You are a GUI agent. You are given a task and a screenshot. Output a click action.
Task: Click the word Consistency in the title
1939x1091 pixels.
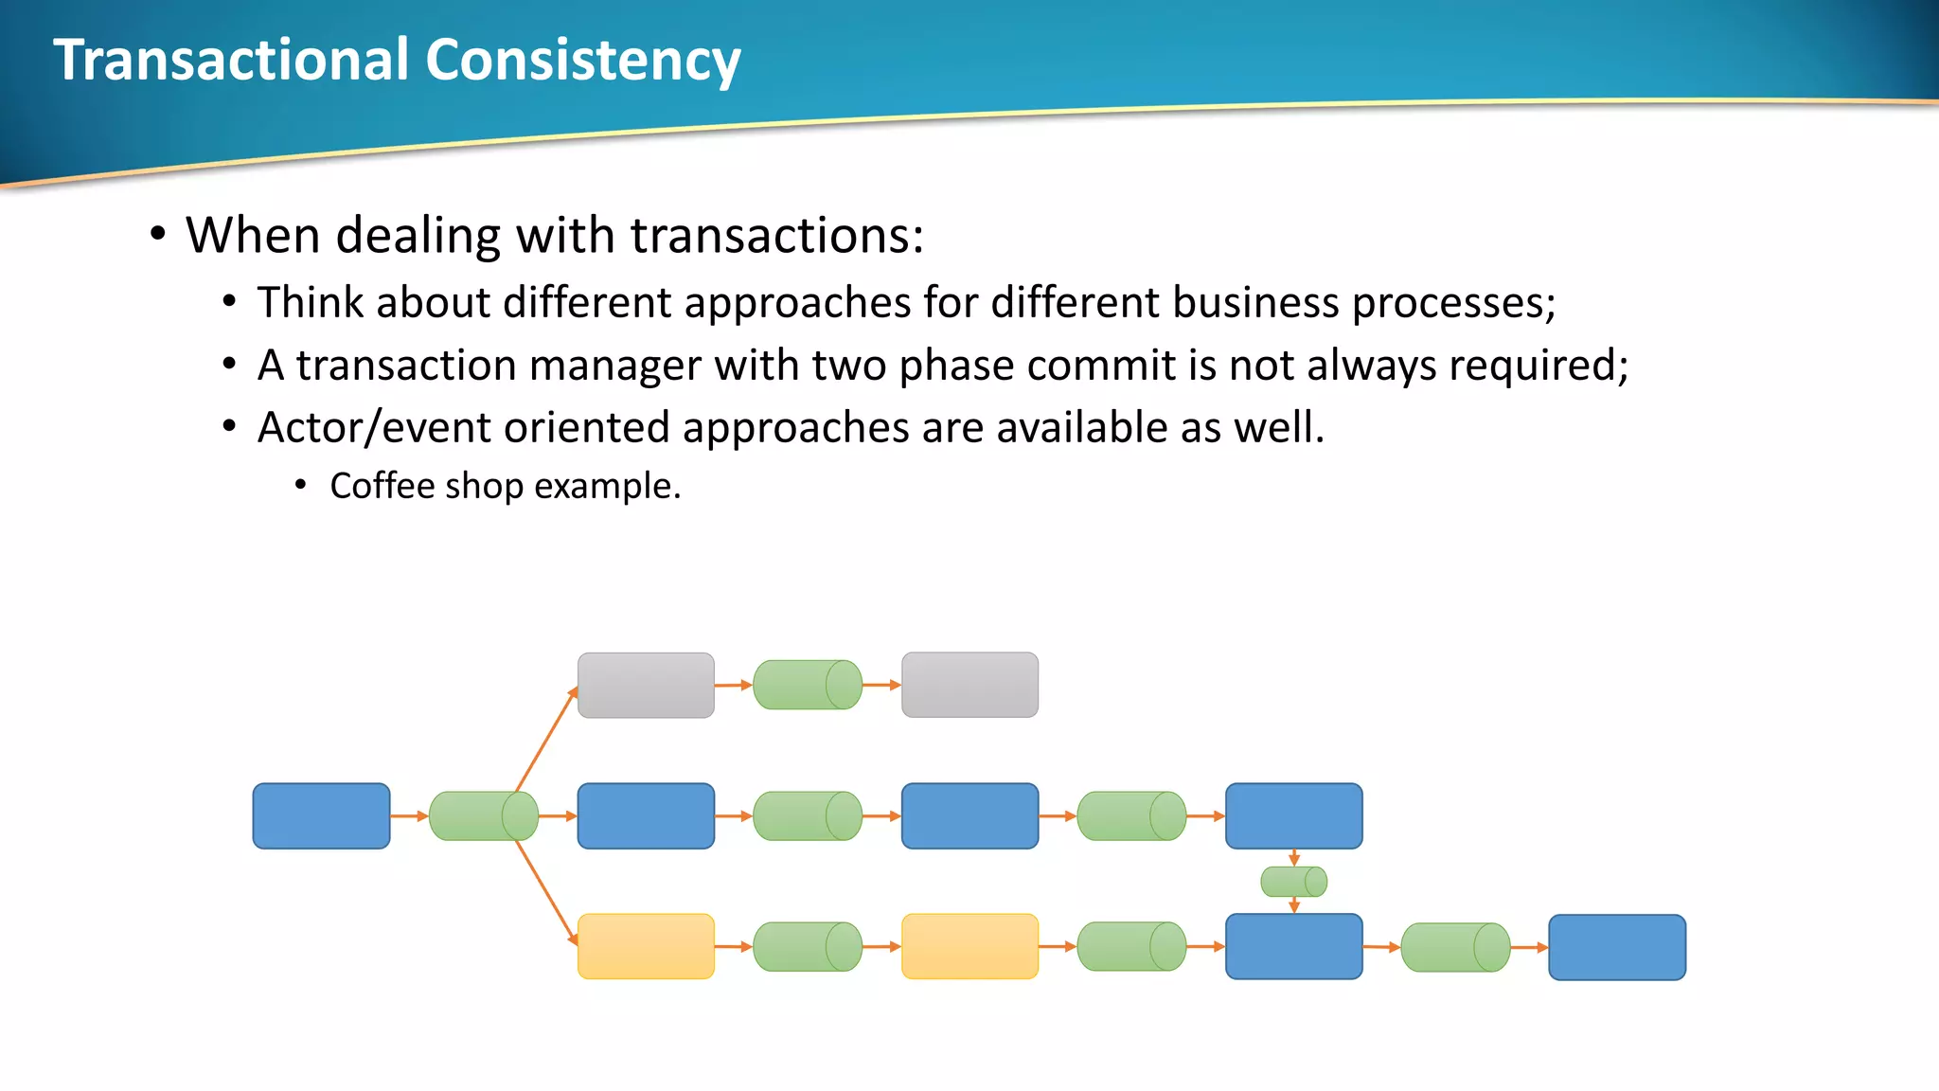pos(582,61)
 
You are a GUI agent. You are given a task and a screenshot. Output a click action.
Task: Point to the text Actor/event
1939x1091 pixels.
pos(374,428)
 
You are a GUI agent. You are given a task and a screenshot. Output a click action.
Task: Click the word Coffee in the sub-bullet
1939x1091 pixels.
pos(382,486)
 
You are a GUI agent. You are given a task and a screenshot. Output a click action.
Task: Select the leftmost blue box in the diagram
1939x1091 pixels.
pos(321,815)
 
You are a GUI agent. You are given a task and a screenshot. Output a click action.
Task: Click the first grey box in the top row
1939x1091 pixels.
pos(646,685)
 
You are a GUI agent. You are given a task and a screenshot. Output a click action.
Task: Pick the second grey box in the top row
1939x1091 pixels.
pos(969,685)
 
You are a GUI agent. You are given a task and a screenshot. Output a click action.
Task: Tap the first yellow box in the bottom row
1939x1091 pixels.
pos(646,946)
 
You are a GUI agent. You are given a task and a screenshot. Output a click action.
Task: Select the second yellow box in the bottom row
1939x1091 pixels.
pos(969,946)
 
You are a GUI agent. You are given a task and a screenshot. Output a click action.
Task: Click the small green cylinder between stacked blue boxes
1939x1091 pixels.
pos(1293,882)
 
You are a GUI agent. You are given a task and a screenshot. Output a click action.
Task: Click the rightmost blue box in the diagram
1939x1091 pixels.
pos(1617,947)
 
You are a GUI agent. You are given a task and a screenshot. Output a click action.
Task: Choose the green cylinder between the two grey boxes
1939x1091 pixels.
pos(807,685)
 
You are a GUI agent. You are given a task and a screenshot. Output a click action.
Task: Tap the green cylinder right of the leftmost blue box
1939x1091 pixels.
pos(483,815)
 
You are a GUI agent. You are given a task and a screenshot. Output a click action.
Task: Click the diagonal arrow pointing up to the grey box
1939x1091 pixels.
pos(547,739)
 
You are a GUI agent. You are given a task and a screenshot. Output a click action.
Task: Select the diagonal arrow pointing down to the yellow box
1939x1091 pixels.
pos(547,892)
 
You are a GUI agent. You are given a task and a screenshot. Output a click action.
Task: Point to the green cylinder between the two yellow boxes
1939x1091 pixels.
pos(807,946)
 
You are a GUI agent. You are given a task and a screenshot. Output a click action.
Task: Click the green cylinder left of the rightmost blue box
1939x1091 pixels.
pos(1455,947)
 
